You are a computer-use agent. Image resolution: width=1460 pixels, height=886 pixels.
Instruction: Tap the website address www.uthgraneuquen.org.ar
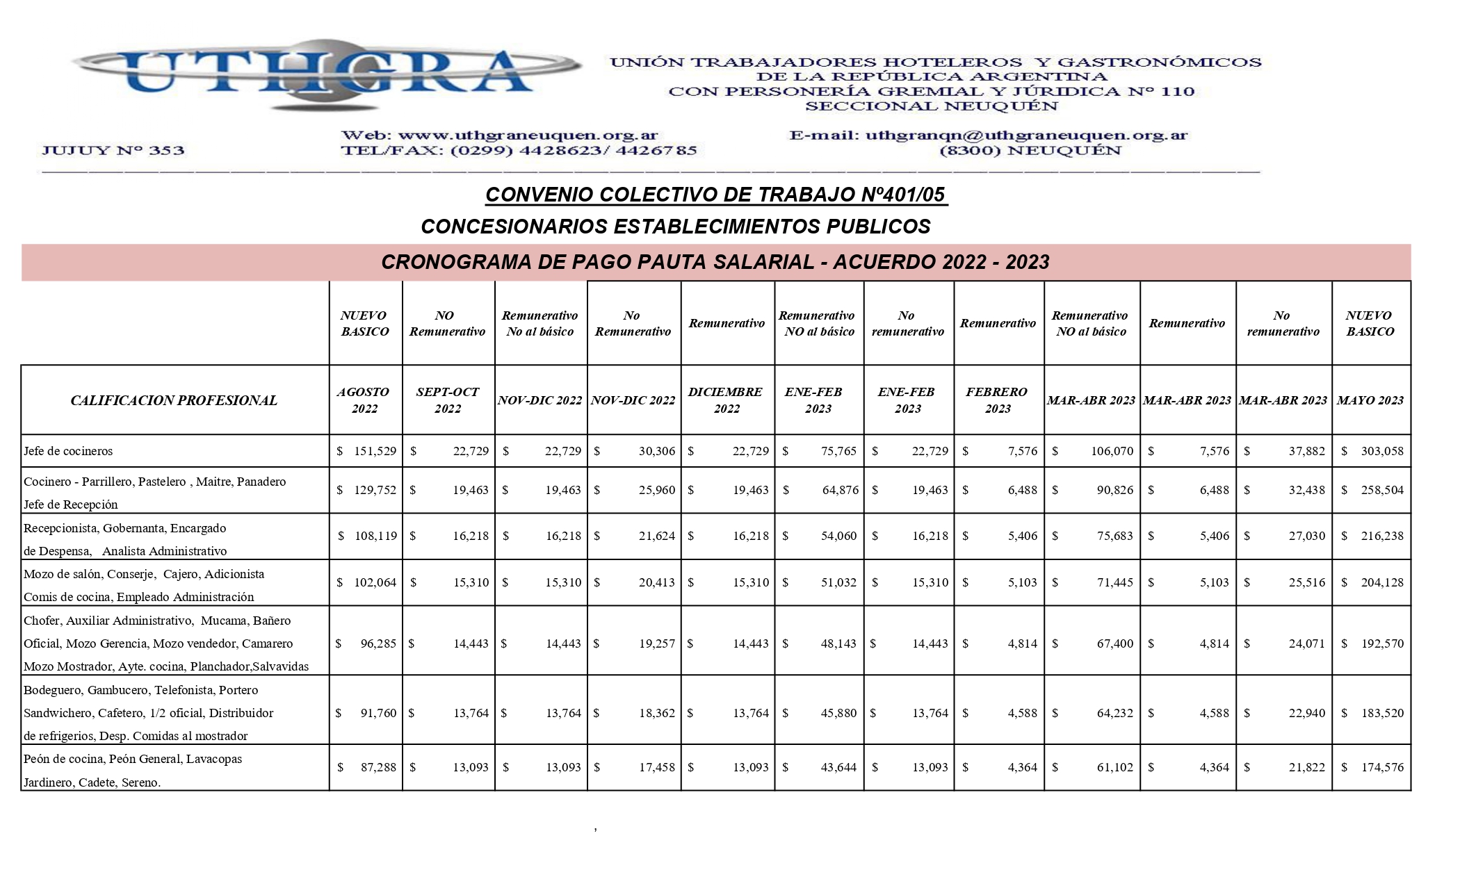[x=528, y=136]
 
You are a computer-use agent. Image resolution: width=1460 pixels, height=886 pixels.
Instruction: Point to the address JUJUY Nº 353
[x=113, y=151]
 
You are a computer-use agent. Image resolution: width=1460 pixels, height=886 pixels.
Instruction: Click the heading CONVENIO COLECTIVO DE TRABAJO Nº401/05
[x=716, y=195]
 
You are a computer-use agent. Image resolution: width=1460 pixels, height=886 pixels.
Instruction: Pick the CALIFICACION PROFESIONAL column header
[x=174, y=400]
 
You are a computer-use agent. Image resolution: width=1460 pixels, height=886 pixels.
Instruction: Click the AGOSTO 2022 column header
[x=365, y=400]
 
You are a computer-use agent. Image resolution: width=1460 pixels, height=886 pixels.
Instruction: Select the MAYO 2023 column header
[x=1370, y=400]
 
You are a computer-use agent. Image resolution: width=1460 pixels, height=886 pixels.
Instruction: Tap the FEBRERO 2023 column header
[x=997, y=400]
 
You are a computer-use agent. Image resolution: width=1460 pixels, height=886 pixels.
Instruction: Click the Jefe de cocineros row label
[x=68, y=451]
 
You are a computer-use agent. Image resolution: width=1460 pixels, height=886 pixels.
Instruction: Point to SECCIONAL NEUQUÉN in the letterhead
[x=932, y=106]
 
